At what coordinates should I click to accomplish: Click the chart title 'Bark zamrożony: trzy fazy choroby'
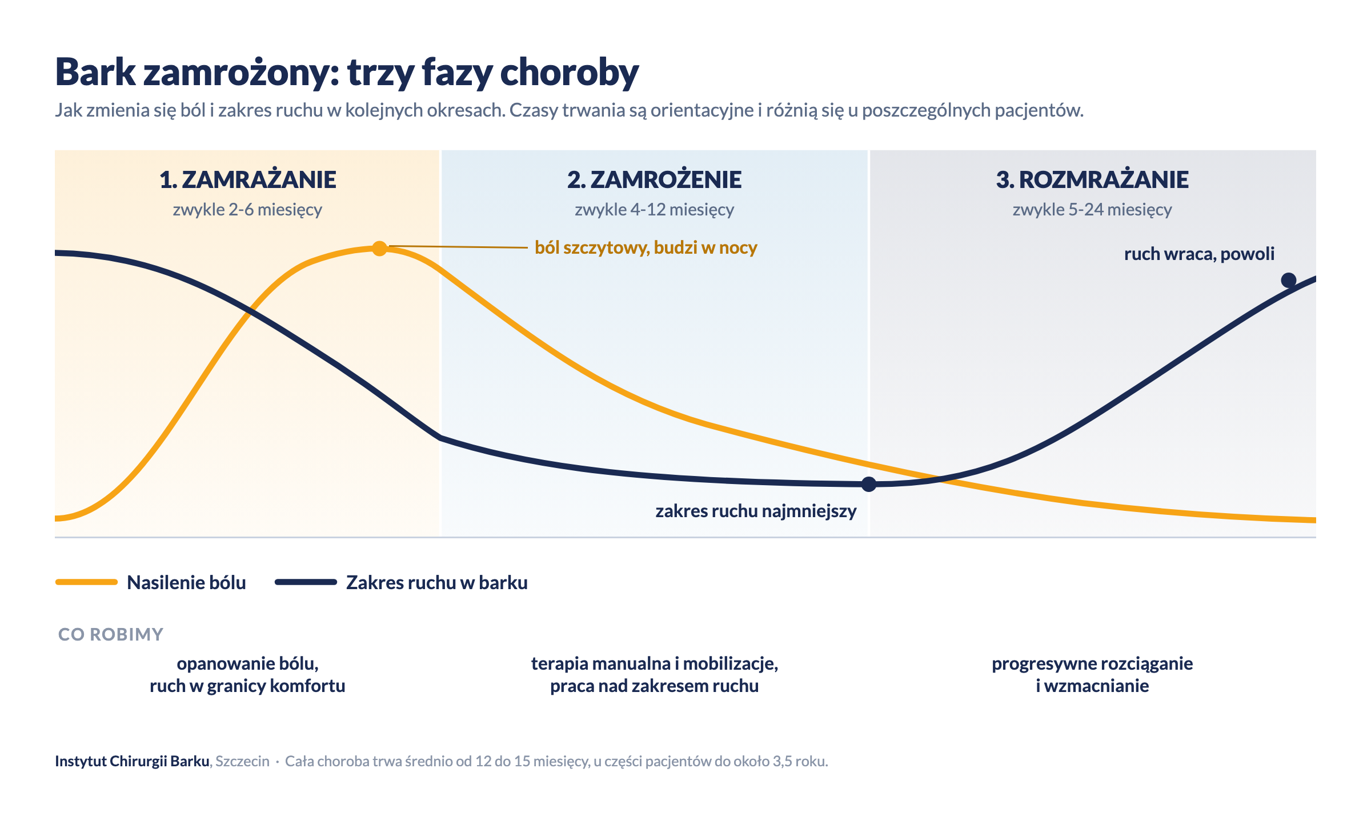point(347,73)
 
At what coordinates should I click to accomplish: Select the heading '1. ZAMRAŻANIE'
point(247,179)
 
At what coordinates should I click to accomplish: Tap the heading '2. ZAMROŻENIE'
point(654,179)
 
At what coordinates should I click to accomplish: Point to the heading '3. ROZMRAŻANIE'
point(1092,179)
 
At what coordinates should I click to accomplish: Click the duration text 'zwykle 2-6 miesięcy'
point(247,210)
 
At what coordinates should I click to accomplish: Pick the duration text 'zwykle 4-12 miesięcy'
point(654,210)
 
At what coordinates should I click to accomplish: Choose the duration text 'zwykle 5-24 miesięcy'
point(1092,210)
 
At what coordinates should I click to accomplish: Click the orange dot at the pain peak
point(379,249)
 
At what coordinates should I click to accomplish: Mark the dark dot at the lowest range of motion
point(869,485)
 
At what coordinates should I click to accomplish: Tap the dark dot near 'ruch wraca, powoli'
point(1289,280)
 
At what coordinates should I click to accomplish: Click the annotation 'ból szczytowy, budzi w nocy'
point(646,247)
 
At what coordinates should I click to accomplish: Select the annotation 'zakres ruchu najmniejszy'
point(756,511)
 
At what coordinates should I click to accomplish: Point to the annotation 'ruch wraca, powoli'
point(1199,254)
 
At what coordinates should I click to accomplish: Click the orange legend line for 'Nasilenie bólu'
point(86,582)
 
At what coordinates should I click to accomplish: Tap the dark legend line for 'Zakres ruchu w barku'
point(306,582)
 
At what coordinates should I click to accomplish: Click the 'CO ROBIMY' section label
point(111,634)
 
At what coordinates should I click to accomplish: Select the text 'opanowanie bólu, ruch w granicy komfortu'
point(247,674)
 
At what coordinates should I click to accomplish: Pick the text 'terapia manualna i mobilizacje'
point(654,663)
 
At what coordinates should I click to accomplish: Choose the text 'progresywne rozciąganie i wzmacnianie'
point(1092,674)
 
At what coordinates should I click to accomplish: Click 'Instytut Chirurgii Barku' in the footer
point(132,761)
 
